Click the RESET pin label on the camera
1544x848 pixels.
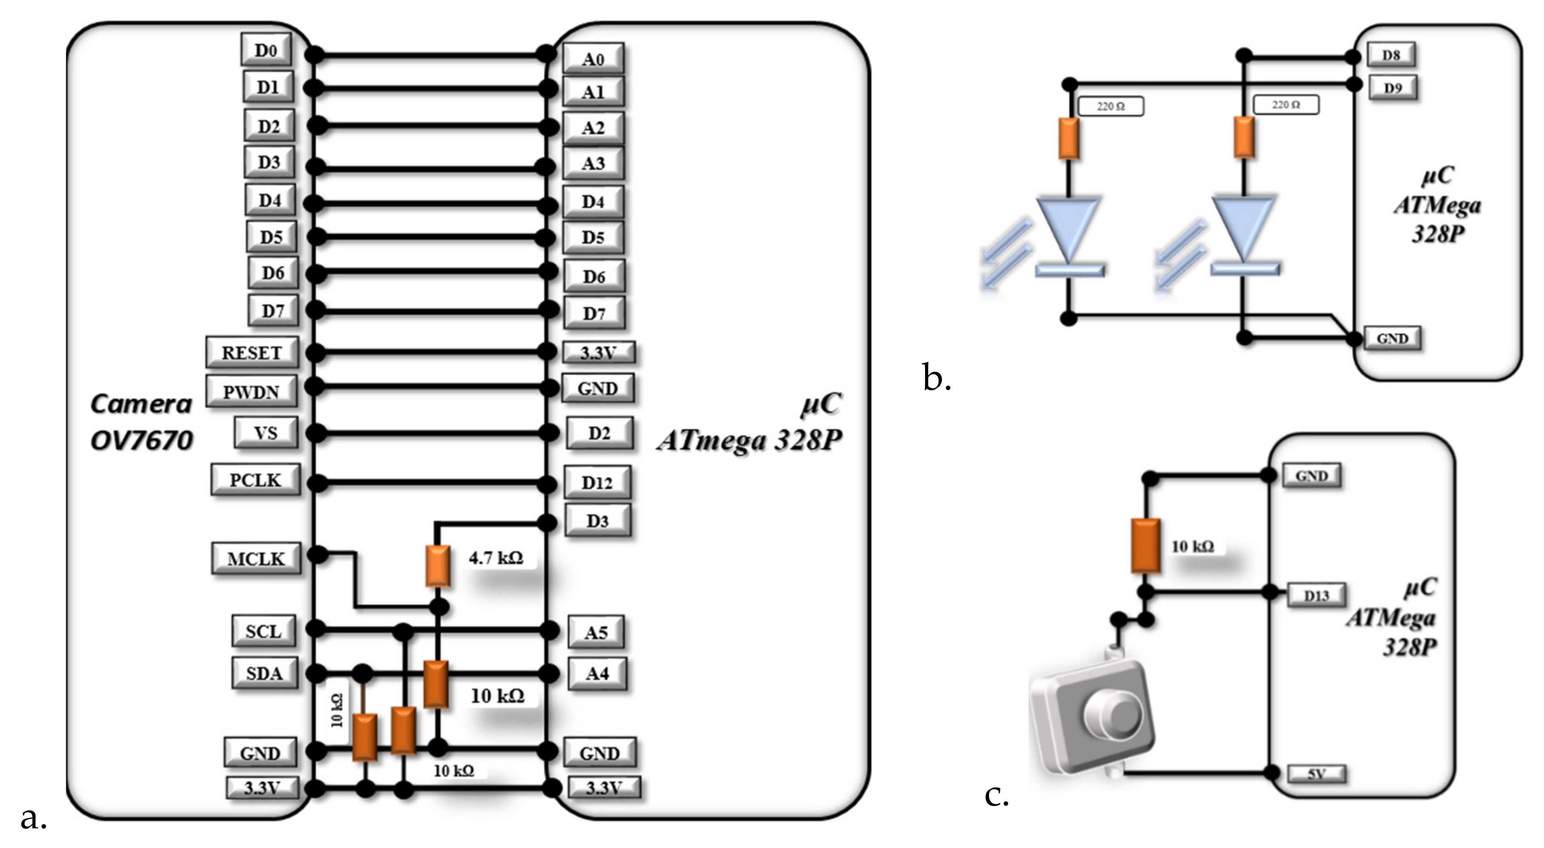(252, 353)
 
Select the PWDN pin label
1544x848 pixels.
(251, 392)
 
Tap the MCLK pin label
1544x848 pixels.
(256, 559)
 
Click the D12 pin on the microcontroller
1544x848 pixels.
(597, 482)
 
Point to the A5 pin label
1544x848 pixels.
(596, 632)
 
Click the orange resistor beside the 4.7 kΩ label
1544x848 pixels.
(438, 566)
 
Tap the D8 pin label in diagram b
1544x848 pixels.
(1390, 55)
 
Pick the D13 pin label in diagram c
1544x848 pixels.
(1316, 595)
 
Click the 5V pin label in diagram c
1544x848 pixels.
(1316, 774)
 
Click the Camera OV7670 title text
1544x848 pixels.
(142, 422)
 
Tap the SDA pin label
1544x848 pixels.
(264, 673)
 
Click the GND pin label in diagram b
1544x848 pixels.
(1392, 339)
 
